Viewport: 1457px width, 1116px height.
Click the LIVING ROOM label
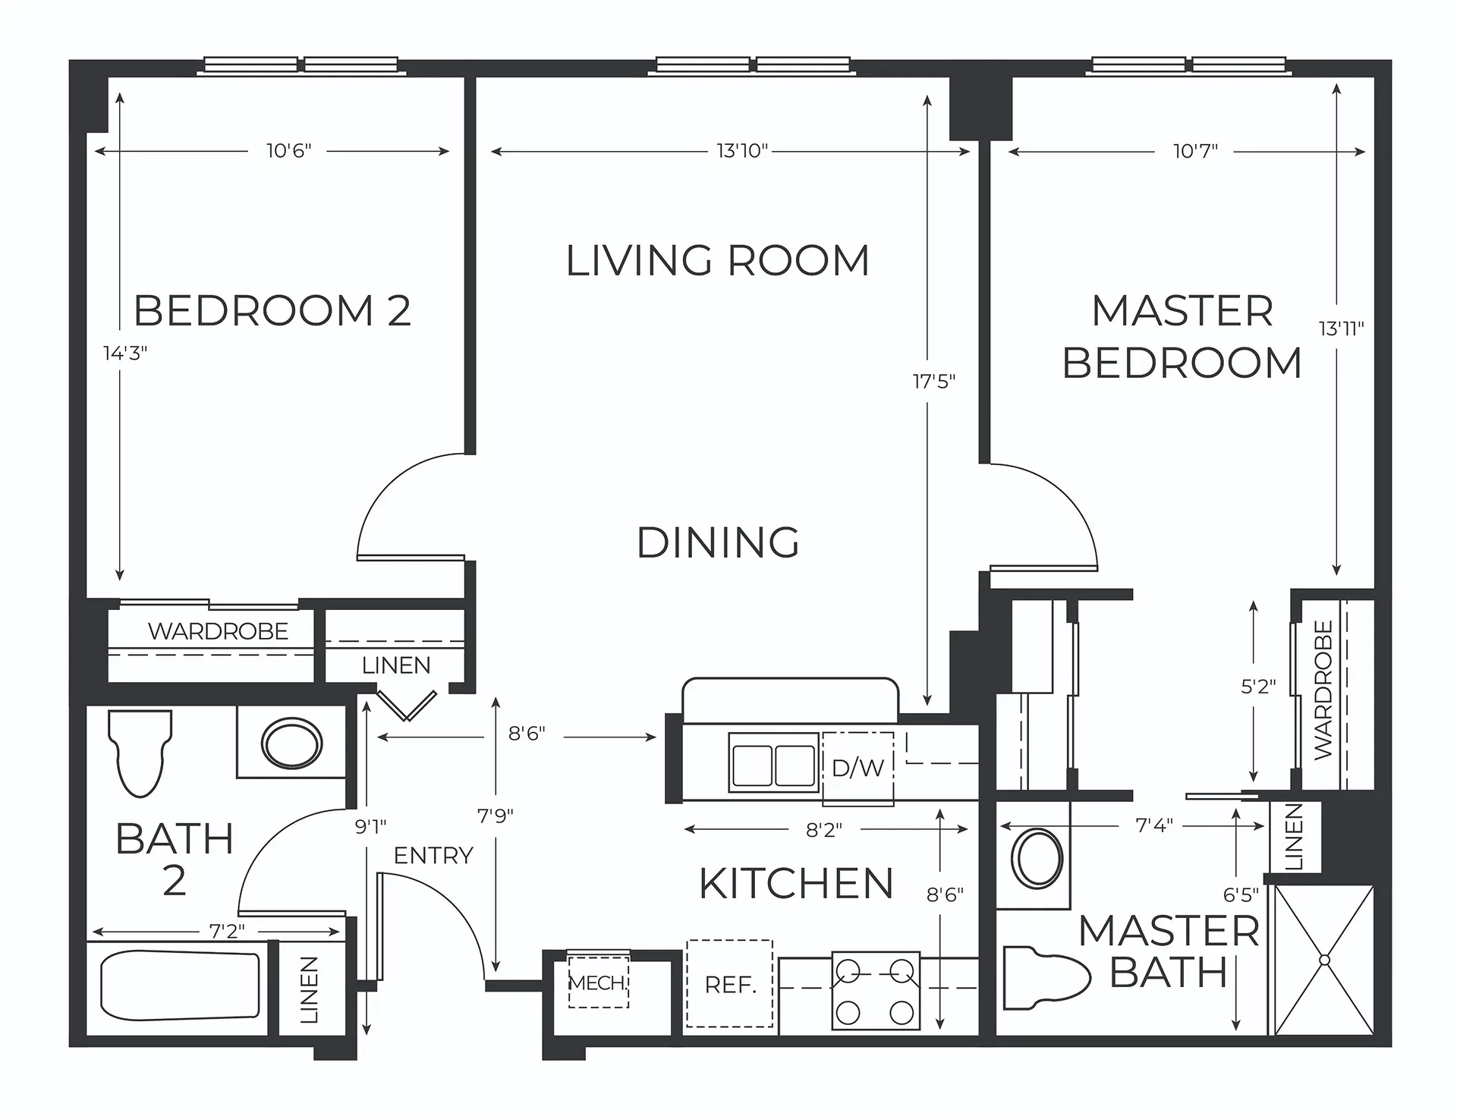click(x=717, y=260)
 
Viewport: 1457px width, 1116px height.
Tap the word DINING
click(x=718, y=542)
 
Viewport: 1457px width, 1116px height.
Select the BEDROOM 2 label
click(x=272, y=310)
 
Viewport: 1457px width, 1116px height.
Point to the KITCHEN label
click(x=796, y=883)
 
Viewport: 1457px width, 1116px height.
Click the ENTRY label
click(x=433, y=856)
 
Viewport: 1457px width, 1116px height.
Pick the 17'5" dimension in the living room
click(x=934, y=381)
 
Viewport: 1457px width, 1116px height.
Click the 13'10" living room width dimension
click(x=742, y=151)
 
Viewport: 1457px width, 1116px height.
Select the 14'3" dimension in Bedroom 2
click(x=125, y=353)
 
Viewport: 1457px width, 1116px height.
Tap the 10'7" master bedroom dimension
click(x=1195, y=151)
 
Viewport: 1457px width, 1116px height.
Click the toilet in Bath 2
click(x=140, y=753)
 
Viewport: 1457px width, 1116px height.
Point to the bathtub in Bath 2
click(x=180, y=985)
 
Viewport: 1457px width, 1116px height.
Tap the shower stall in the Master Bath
click(x=1324, y=960)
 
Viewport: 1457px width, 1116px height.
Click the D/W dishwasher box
click(x=858, y=768)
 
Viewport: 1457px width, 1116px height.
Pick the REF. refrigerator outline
click(x=729, y=984)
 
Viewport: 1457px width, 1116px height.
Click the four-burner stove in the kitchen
click(x=875, y=991)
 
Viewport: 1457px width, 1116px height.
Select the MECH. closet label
click(x=598, y=983)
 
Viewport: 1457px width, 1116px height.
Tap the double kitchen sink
click(x=773, y=763)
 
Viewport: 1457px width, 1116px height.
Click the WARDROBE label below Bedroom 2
click(x=218, y=631)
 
